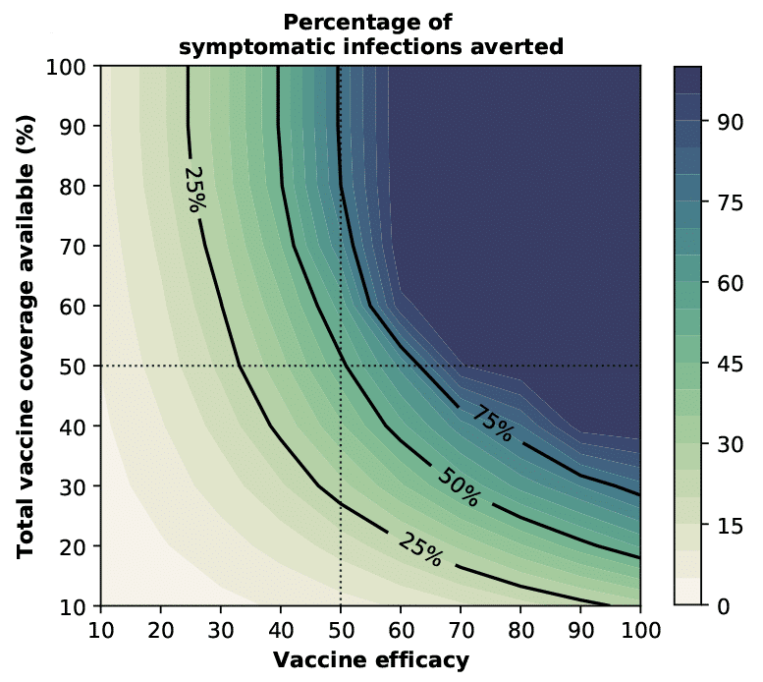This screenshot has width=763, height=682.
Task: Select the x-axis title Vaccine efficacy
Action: [x=370, y=658]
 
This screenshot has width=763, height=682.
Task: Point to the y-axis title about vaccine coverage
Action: [x=26, y=336]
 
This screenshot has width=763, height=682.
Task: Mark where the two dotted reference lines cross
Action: [x=340, y=366]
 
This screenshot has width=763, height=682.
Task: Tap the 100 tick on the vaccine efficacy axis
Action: [x=640, y=629]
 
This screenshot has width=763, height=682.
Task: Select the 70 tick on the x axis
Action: [x=461, y=629]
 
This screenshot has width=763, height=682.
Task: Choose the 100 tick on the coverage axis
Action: [x=71, y=66]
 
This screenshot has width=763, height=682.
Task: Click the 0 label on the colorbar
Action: [x=723, y=605]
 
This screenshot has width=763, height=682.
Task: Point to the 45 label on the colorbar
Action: [x=728, y=365]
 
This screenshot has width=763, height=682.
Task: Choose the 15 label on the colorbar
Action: [x=728, y=525]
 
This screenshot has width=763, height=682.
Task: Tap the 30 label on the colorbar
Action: [x=728, y=444]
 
